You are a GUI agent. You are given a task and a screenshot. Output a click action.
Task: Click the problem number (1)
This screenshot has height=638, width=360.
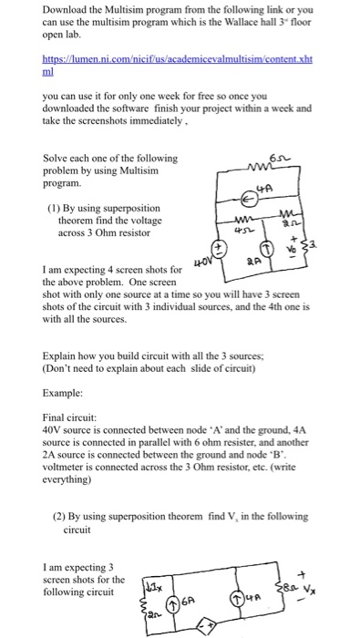55,207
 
